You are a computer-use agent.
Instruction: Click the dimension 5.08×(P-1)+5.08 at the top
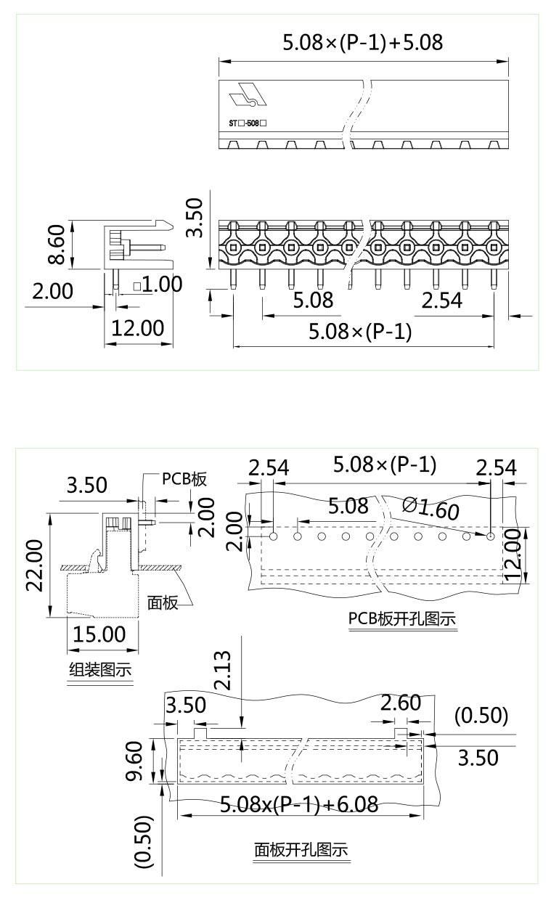(x=362, y=42)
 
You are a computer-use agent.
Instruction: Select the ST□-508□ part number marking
(x=248, y=123)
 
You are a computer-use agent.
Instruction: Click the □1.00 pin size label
(x=158, y=284)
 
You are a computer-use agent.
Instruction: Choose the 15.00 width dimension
(x=99, y=634)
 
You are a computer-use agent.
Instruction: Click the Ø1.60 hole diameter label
(x=430, y=509)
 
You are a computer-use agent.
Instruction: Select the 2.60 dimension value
(x=400, y=703)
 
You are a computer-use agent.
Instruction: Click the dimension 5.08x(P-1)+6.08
(x=298, y=804)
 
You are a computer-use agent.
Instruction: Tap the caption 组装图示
(x=100, y=669)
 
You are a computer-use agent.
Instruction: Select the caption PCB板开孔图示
(x=402, y=619)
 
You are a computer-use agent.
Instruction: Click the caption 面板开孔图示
(x=301, y=849)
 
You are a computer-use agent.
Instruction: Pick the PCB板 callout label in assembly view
(x=184, y=479)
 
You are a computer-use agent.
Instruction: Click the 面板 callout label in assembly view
(x=163, y=602)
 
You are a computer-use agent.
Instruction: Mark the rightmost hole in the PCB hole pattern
(x=491, y=536)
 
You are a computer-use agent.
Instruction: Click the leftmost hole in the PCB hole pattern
(x=273, y=536)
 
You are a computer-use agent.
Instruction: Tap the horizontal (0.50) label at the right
(x=481, y=716)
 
